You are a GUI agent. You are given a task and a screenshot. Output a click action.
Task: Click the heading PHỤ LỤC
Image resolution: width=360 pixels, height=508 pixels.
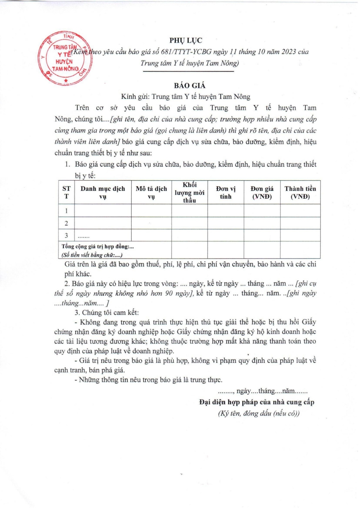[x=186, y=40]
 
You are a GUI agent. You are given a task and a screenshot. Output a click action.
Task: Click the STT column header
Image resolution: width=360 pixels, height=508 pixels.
[x=67, y=192]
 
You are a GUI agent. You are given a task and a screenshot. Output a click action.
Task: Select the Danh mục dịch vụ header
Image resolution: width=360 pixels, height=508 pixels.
[x=102, y=192]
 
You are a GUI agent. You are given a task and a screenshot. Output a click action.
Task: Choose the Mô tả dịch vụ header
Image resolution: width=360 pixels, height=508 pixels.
[x=151, y=192]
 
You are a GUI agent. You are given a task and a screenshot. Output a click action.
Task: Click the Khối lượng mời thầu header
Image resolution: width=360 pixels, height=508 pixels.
[x=189, y=192]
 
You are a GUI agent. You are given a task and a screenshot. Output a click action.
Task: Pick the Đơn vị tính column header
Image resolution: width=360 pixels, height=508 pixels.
[x=226, y=192]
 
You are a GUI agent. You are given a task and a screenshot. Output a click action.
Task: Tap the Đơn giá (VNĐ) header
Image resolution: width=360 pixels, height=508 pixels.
[x=262, y=192]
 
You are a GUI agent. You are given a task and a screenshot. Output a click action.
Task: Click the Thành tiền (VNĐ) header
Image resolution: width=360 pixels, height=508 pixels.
[x=300, y=192]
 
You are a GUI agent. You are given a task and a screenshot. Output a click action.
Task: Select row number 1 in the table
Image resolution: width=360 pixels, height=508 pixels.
[x=67, y=211]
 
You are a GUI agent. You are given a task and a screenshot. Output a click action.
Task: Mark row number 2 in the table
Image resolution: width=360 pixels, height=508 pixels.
[x=67, y=223]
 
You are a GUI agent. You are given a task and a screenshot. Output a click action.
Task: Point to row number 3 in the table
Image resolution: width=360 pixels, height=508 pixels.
[x=67, y=235]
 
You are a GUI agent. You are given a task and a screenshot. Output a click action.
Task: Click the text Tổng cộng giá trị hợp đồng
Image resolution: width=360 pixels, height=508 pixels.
[x=98, y=247]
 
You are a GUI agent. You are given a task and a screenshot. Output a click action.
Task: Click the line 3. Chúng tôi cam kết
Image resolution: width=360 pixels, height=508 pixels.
[x=107, y=313]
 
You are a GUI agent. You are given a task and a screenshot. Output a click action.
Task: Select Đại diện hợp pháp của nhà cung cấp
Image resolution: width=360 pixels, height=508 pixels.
[x=257, y=402]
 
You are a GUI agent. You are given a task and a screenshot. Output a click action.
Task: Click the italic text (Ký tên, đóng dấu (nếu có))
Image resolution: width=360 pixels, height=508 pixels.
[x=259, y=413]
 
